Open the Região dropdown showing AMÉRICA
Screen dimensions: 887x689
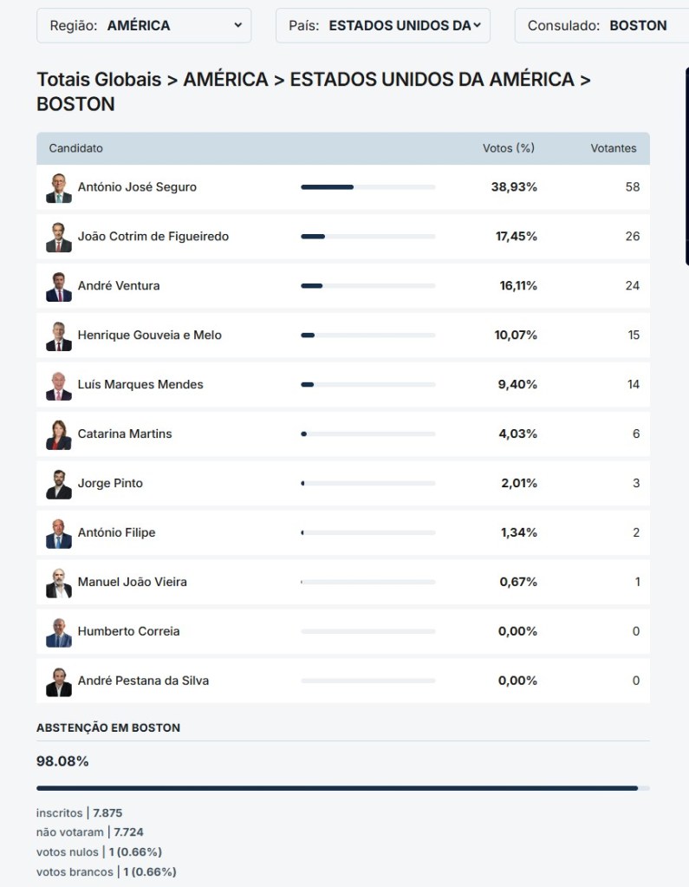[x=144, y=26]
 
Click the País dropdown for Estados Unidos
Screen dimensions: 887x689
[x=382, y=26]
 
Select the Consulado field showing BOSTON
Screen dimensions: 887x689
[x=601, y=26]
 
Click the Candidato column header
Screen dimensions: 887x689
[x=76, y=148]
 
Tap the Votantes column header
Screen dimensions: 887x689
[x=614, y=148]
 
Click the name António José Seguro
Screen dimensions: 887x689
[x=137, y=187]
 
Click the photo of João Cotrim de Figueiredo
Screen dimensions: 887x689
[x=59, y=237]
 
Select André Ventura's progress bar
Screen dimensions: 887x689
[x=367, y=285]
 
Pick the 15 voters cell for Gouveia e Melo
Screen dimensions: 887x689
[x=634, y=335]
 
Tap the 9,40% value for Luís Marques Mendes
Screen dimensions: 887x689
[x=517, y=384]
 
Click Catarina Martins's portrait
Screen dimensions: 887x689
[x=59, y=434]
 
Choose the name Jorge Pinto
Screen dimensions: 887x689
[x=110, y=483]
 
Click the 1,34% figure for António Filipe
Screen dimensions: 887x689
[x=518, y=532]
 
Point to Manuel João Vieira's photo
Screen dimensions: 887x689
[x=59, y=582]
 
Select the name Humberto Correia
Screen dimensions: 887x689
[x=129, y=631]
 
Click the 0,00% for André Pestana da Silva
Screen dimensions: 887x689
[x=517, y=681]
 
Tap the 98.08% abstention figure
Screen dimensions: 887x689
[x=62, y=761]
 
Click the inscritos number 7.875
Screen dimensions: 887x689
[x=108, y=812]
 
